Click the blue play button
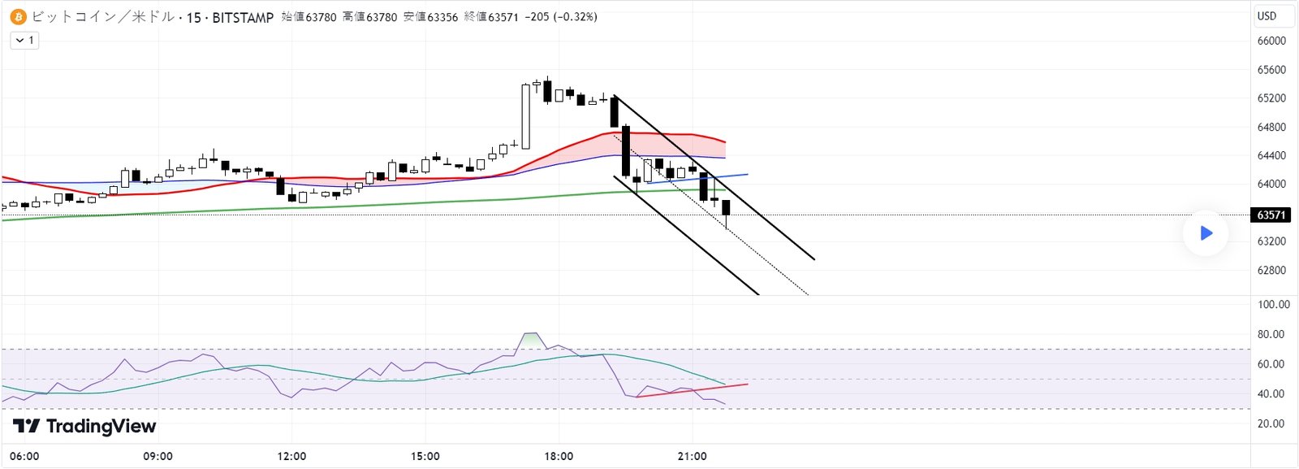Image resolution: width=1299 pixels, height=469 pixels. [1206, 233]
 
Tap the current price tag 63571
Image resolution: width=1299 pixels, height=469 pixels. [1271, 215]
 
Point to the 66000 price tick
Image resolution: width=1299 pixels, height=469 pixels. [1271, 41]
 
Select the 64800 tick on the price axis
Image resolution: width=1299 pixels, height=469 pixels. [1271, 127]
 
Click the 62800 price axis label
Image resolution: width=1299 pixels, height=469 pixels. [1271, 270]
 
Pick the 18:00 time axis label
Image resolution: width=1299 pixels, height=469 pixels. [559, 456]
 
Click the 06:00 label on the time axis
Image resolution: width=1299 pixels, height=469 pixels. [24, 456]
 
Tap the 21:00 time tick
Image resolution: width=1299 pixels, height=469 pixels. [692, 456]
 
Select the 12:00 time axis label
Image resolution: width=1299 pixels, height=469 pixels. [291, 456]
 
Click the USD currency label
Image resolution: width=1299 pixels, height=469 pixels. [1267, 15]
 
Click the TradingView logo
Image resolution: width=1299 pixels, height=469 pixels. [84, 426]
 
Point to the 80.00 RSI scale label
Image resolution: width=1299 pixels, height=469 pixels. [1271, 334]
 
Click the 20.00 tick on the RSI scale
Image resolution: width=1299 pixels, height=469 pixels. [1271, 423]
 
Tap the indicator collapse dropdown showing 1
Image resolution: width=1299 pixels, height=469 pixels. [24, 40]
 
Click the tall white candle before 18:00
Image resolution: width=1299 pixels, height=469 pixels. [526, 116]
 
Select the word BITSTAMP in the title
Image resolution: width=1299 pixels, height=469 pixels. [243, 17]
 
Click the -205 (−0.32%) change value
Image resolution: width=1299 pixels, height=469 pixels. [560, 16]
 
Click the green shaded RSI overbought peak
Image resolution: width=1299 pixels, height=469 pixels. [531, 340]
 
